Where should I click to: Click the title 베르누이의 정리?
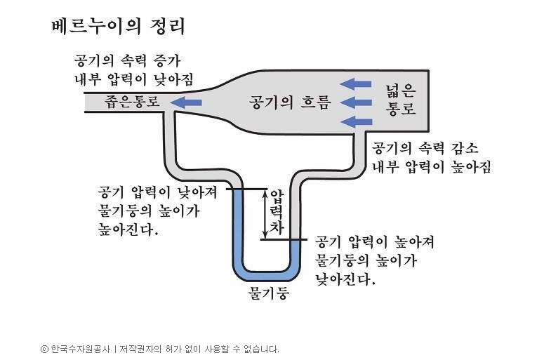[x=118, y=27]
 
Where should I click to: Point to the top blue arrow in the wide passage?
[x=356, y=85]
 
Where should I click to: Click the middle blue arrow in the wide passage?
[x=356, y=103]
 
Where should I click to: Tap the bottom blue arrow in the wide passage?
[x=356, y=122]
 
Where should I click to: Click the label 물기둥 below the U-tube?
[x=269, y=292]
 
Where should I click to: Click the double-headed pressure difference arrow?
[x=265, y=213]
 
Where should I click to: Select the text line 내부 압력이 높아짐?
[x=431, y=167]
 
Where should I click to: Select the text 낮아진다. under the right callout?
[x=345, y=279]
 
